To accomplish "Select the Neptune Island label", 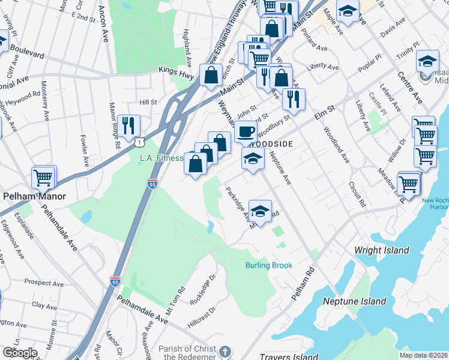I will click(x=354, y=301).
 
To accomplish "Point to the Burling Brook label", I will click(x=268, y=265).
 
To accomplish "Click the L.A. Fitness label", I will click(x=161, y=158).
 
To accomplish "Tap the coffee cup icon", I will click(x=244, y=131).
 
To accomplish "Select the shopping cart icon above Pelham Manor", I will click(x=44, y=177).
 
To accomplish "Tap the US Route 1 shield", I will click(x=139, y=141).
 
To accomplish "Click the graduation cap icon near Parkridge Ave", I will click(x=260, y=210).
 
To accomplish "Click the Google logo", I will click(x=19, y=353).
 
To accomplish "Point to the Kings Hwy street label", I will click(x=176, y=71).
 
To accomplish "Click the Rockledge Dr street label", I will click(x=203, y=289).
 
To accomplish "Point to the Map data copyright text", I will click(x=423, y=355).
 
